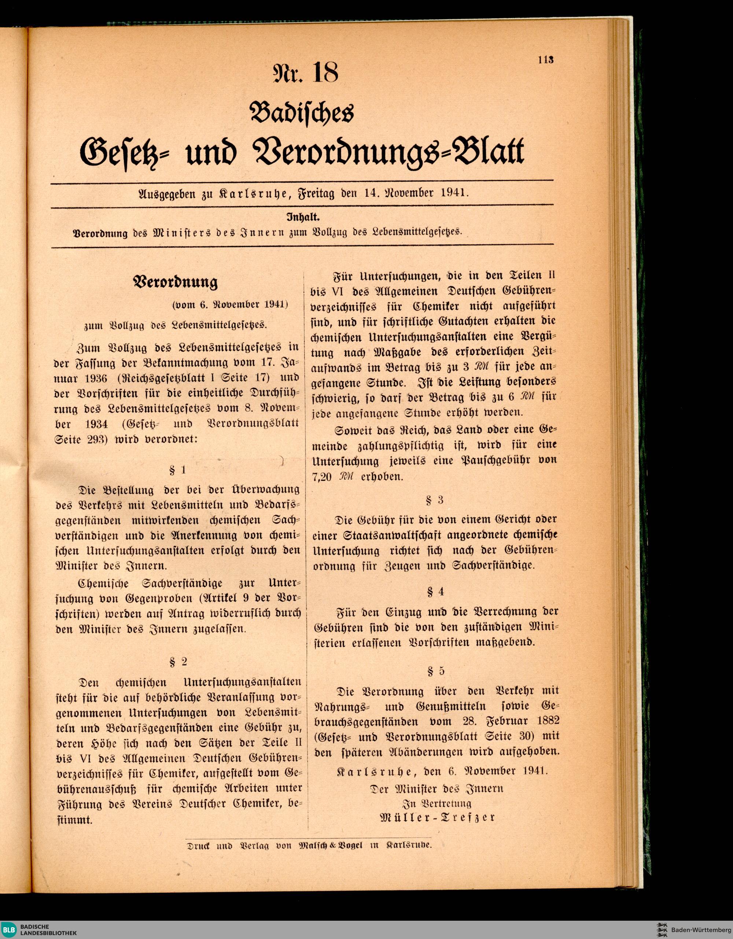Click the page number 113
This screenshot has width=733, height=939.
(x=545, y=60)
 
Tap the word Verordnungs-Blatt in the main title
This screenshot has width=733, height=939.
(x=390, y=153)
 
